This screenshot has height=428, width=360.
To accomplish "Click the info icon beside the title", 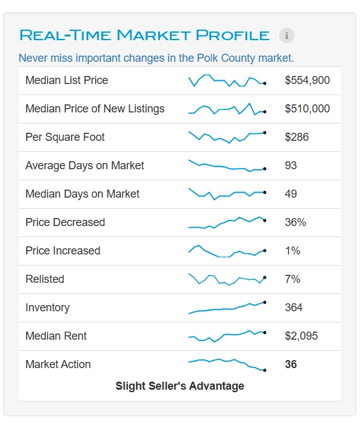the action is [287, 35].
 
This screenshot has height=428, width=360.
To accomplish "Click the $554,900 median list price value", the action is [308, 80].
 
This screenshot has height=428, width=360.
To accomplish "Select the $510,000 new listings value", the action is [308, 109].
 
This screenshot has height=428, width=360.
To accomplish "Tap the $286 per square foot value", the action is [296, 137].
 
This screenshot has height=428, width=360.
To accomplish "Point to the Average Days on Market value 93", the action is [291, 166].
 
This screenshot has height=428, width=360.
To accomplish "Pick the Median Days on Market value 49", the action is [291, 194].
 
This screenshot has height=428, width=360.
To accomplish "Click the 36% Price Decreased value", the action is [296, 222].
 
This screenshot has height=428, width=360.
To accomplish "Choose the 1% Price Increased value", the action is [293, 251].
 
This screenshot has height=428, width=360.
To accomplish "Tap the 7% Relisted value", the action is [293, 279].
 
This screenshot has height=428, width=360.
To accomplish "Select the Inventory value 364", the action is [294, 308].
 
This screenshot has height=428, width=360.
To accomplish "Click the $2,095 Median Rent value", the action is [301, 336].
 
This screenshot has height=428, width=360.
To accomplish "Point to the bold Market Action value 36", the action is [291, 364].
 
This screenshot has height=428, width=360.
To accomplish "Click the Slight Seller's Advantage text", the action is [180, 386].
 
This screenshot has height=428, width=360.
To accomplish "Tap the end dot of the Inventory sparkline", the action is [264, 303].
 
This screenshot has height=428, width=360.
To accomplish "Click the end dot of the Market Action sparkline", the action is [264, 370].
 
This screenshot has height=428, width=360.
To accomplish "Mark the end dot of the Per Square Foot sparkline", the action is [264, 133].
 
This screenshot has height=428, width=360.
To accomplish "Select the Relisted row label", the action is [44, 279].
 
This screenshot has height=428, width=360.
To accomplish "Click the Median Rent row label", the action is [56, 336].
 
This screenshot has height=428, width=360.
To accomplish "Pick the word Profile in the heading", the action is [233, 35].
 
